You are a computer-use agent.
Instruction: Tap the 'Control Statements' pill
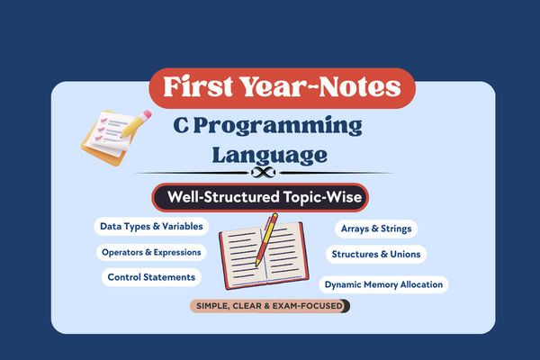pyautogui.click(x=150, y=277)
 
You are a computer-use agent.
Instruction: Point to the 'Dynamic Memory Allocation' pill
pyautogui.click(x=383, y=284)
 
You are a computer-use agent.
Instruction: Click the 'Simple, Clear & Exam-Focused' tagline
pyautogui.click(x=269, y=306)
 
